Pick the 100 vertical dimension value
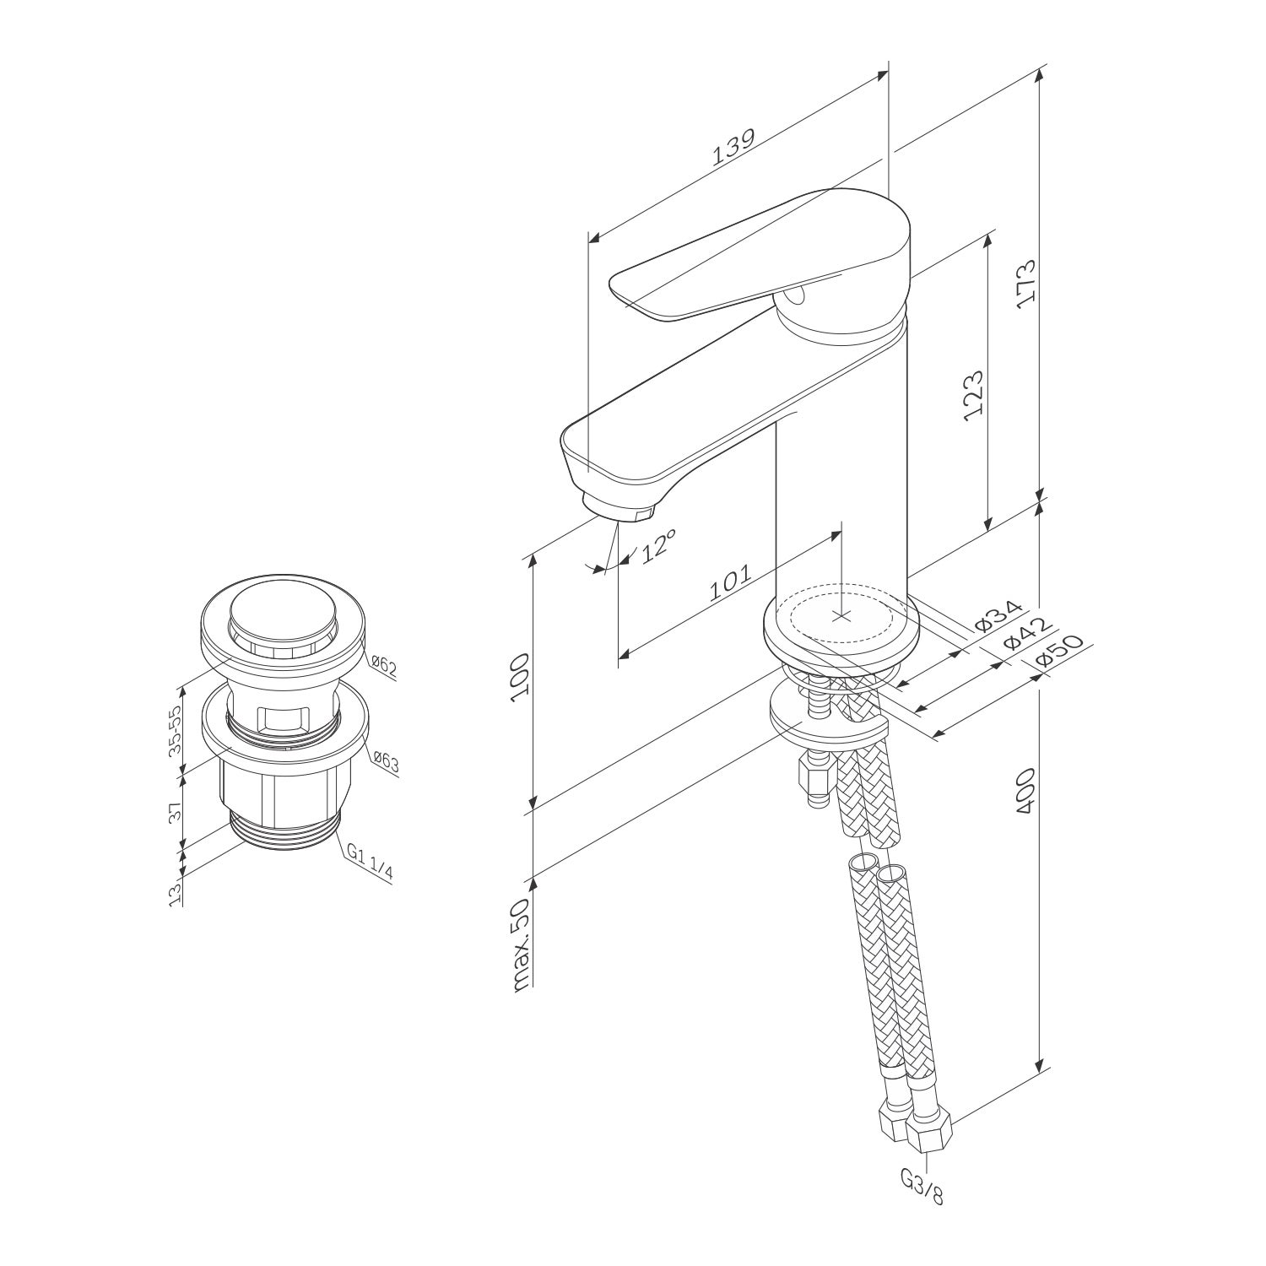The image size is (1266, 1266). (x=522, y=674)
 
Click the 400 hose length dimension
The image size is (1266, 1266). (x=1026, y=791)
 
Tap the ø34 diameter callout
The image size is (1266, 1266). (x=998, y=617)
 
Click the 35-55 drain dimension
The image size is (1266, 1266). (x=176, y=730)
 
